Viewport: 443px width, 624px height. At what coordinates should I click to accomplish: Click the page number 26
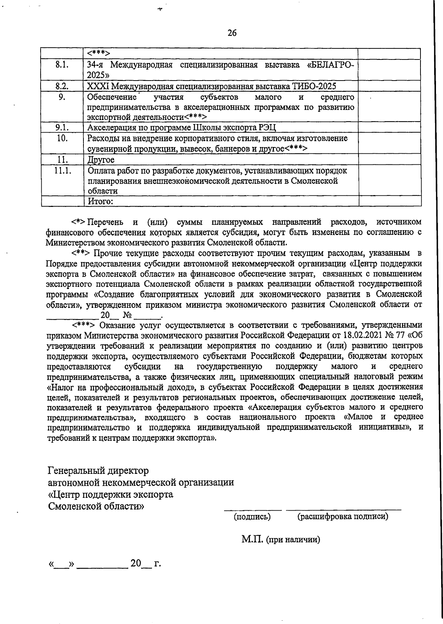pos(232,33)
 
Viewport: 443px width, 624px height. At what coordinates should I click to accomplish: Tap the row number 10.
pos(62,138)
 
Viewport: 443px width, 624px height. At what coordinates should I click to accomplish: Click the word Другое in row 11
pos(101,160)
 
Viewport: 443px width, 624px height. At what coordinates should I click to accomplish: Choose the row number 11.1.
pos(62,171)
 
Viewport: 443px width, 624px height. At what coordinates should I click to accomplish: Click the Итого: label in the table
pos(100,201)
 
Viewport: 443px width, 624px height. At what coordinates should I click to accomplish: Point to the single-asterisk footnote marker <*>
pos(78,222)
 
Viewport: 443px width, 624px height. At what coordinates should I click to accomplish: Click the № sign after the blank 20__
pos(128,316)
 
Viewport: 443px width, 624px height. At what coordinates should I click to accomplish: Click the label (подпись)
pos(253,516)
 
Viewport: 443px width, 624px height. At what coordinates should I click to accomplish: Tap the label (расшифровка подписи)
pos(343,516)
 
